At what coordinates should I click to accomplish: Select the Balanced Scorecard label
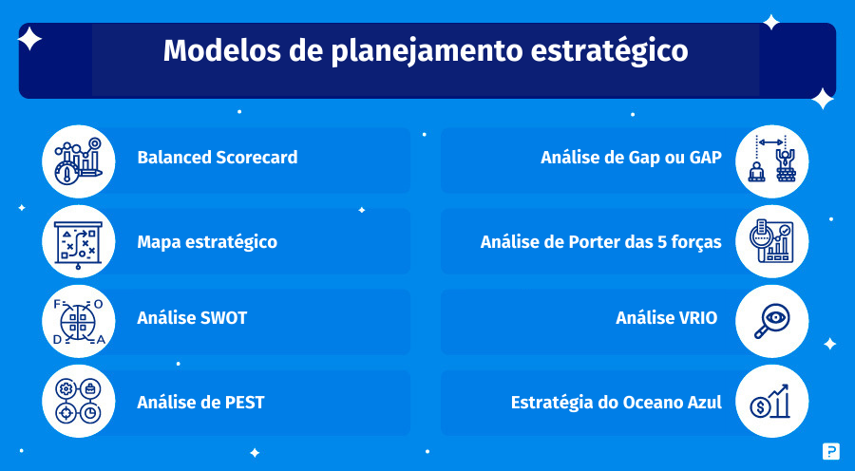coord(218,158)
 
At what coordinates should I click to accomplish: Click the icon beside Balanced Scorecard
coord(79,161)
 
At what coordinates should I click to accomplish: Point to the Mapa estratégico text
coord(207,242)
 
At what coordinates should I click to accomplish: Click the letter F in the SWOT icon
coord(57,304)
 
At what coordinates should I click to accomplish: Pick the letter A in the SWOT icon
coord(101,340)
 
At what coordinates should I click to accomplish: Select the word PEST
coord(245,403)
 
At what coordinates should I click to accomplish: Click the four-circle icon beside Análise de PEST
coord(79,402)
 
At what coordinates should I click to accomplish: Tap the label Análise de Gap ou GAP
coord(632,158)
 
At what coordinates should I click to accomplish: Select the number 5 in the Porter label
coord(662,242)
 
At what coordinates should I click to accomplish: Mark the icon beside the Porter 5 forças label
coord(771,241)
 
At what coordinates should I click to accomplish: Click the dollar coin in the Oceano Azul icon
coord(759,407)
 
